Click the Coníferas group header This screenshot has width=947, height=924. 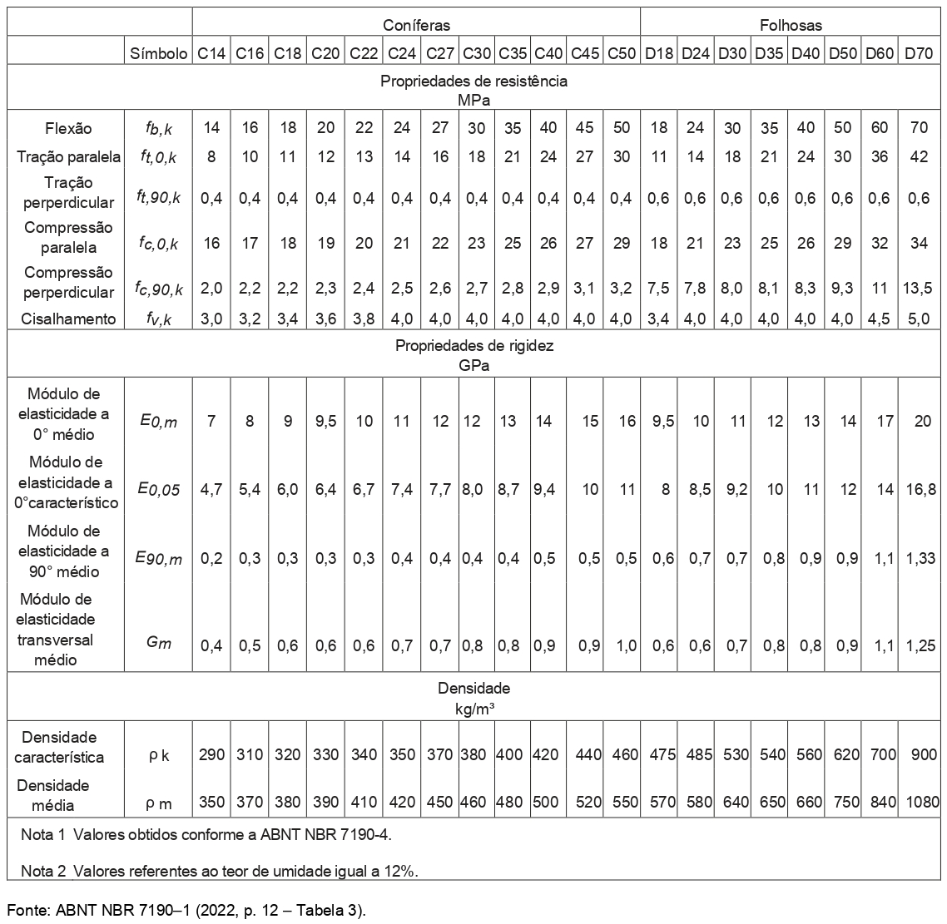click(416, 26)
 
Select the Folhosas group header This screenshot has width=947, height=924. click(791, 26)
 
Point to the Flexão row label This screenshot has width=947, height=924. click(69, 128)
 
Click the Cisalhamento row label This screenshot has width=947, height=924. click(69, 319)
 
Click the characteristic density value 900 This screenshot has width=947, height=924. click(919, 755)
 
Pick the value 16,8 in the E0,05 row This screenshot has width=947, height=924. click(919, 490)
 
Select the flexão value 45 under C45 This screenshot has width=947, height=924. click(586, 128)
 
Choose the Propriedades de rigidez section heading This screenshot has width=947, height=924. click(474, 347)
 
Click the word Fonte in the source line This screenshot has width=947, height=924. click(28, 909)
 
